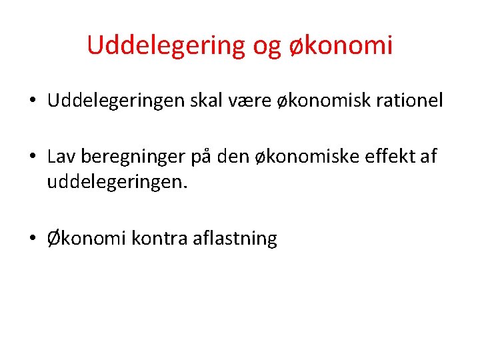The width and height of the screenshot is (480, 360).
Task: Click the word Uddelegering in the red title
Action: (x=167, y=45)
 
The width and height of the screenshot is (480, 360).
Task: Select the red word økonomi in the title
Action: (x=341, y=45)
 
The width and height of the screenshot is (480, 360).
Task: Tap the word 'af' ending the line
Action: (x=428, y=157)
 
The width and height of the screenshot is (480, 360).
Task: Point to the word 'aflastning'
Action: (x=235, y=238)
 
